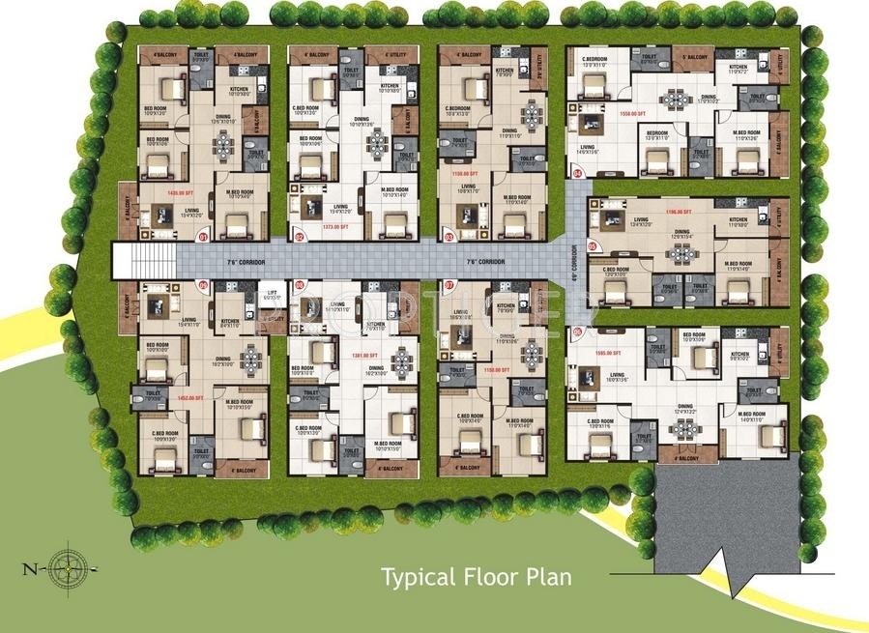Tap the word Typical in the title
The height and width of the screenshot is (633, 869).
tap(418, 578)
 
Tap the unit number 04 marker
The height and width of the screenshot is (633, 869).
tap(578, 174)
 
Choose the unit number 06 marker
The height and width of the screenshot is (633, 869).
tap(578, 332)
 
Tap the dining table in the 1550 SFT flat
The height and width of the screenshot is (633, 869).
tap(675, 100)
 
